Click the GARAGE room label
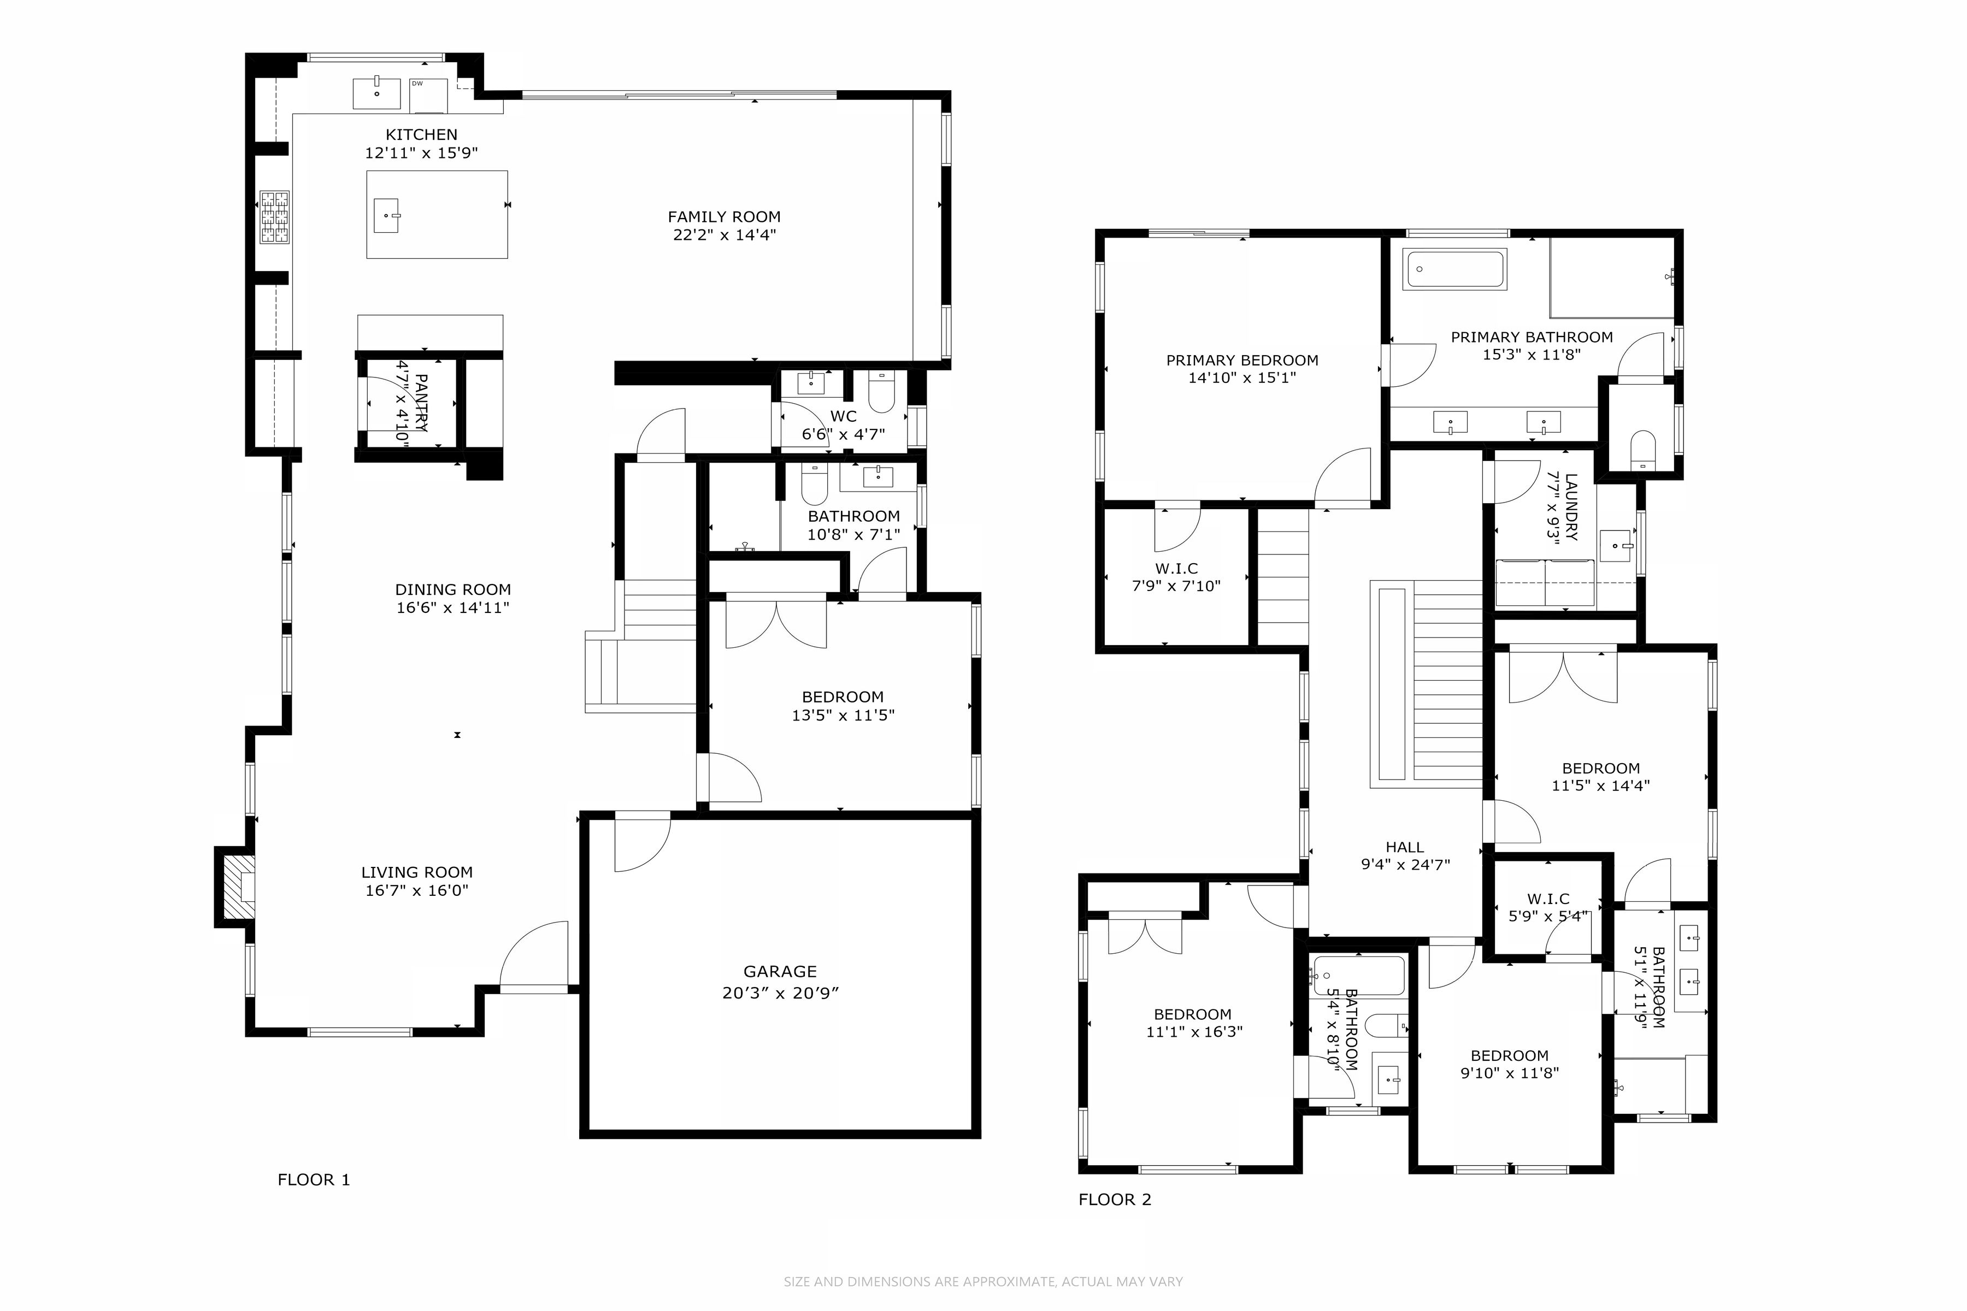(780, 972)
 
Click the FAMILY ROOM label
(725, 216)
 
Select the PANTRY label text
(421, 402)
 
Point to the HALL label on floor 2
(1404, 847)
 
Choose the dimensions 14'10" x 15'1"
(1242, 378)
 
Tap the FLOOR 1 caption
(314, 1180)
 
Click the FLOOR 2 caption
(1115, 1200)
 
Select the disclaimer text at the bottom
(984, 1281)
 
